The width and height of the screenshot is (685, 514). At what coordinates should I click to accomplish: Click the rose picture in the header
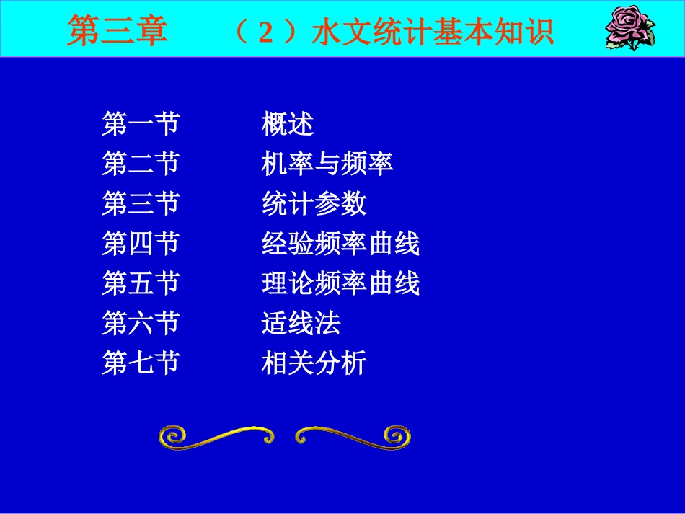click(629, 28)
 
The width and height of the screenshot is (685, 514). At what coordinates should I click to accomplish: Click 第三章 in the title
click(118, 32)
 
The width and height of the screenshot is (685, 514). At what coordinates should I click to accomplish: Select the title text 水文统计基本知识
click(433, 32)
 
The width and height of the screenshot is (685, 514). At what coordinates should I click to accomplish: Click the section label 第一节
click(140, 125)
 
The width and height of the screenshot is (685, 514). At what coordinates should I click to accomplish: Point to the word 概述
click(288, 125)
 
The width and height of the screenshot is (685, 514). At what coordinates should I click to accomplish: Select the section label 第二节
click(140, 164)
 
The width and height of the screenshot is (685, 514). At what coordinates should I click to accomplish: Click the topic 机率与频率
click(327, 164)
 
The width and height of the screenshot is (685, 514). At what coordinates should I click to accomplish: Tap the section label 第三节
click(140, 204)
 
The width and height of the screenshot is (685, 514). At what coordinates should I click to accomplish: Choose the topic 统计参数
click(314, 204)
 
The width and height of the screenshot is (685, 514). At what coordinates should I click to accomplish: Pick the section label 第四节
click(140, 244)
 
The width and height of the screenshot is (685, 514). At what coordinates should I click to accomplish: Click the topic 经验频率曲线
click(340, 244)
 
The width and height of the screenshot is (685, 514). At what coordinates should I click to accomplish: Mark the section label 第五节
click(140, 283)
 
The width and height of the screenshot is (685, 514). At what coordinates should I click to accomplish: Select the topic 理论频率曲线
click(340, 283)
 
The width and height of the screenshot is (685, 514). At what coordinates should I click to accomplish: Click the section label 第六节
click(140, 323)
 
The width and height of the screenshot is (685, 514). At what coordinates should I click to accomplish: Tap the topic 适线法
click(301, 323)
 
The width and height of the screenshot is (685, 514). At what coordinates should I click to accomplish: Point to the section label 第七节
click(140, 363)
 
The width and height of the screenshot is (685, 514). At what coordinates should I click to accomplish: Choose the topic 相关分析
click(314, 363)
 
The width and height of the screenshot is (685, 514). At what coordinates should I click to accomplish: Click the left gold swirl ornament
click(216, 435)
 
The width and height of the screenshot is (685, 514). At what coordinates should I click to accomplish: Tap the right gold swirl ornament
click(353, 435)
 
